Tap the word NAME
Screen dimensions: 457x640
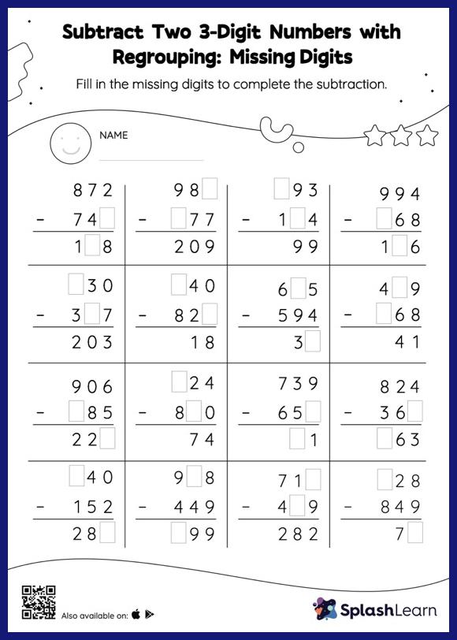pyautogui.click(x=113, y=136)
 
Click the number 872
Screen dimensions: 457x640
pyautogui.click(x=94, y=191)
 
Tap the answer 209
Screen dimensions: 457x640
pyautogui.click(x=195, y=247)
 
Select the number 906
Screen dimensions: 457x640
pyautogui.click(x=94, y=387)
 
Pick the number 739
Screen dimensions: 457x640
pyautogui.click(x=298, y=384)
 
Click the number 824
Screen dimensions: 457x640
pyautogui.click(x=400, y=387)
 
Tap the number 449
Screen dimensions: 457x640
pyautogui.click(x=195, y=506)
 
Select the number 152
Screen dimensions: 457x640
pyautogui.click(x=94, y=506)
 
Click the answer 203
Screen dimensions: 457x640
pyautogui.click(x=94, y=342)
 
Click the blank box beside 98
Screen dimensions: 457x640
pyautogui.click(x=210, y=189)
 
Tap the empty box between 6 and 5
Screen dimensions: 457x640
pyautogui.click(x=298, y=289)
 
